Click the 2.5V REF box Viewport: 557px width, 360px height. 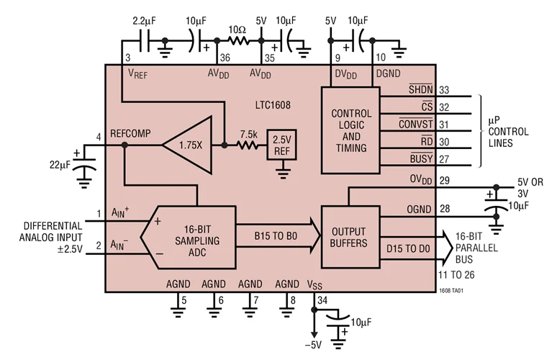coord(281,144)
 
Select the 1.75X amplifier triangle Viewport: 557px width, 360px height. coord(189,145)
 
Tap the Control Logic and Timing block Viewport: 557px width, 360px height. coord(351,131)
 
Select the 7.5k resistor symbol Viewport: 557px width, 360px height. coord(249,145)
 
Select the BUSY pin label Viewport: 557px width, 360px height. coord(421,158)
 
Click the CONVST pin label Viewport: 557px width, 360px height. coord(415,124)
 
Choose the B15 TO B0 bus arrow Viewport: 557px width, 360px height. coord(277,235)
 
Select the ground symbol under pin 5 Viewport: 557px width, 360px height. coord(176,311)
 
